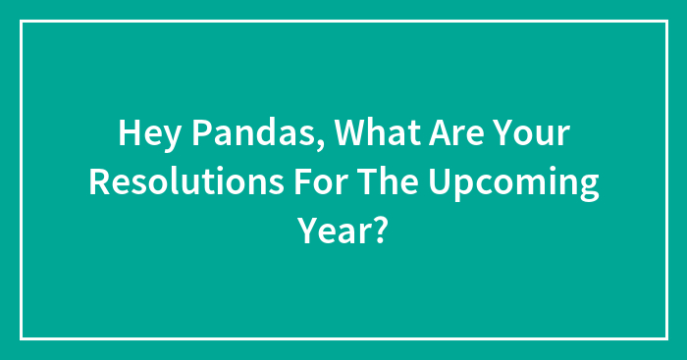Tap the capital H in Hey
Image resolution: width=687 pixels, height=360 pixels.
click(128, 133)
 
